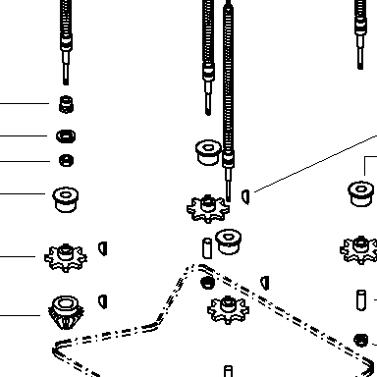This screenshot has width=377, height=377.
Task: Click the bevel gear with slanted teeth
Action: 66,311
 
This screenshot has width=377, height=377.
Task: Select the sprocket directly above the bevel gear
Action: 66,257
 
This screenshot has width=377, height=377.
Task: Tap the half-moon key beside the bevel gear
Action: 103,301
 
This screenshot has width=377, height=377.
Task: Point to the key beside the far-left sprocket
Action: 103,248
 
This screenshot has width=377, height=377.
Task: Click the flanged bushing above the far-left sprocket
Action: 66,199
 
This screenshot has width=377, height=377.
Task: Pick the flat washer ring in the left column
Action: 66,135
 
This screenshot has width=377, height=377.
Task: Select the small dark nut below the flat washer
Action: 66,161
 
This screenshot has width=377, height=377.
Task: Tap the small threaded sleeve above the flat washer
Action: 66,104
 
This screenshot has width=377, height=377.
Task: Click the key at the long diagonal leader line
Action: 245,197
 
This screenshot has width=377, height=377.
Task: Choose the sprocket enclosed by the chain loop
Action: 228,309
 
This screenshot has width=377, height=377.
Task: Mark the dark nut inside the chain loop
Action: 207,283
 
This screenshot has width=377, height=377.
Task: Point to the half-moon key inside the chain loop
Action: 265,283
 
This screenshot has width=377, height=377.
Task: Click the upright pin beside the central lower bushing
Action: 207,248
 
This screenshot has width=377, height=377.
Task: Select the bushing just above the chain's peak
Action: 229,242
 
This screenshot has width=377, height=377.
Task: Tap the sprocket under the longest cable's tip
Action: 208,208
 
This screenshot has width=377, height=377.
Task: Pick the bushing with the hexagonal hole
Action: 208,152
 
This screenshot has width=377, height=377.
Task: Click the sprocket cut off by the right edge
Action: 358,249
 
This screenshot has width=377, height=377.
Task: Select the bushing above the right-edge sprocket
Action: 360,193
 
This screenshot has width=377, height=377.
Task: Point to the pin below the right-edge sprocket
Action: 361,300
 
